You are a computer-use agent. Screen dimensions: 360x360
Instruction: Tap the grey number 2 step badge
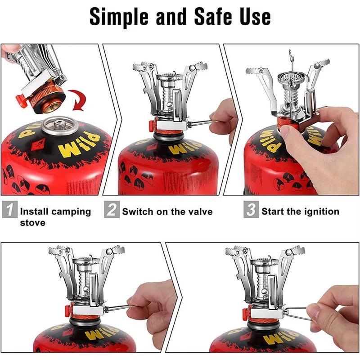[x=112, y=210]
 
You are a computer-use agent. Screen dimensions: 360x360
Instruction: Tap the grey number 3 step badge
[x=251, y=210]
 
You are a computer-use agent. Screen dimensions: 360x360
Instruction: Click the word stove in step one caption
[x=32, y=223]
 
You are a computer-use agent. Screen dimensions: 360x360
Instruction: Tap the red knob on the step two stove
[x=152, y=124]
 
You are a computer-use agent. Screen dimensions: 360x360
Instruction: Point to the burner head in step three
[x=290, y=81]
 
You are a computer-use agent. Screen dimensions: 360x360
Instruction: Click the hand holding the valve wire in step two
[x=223, y=117]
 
